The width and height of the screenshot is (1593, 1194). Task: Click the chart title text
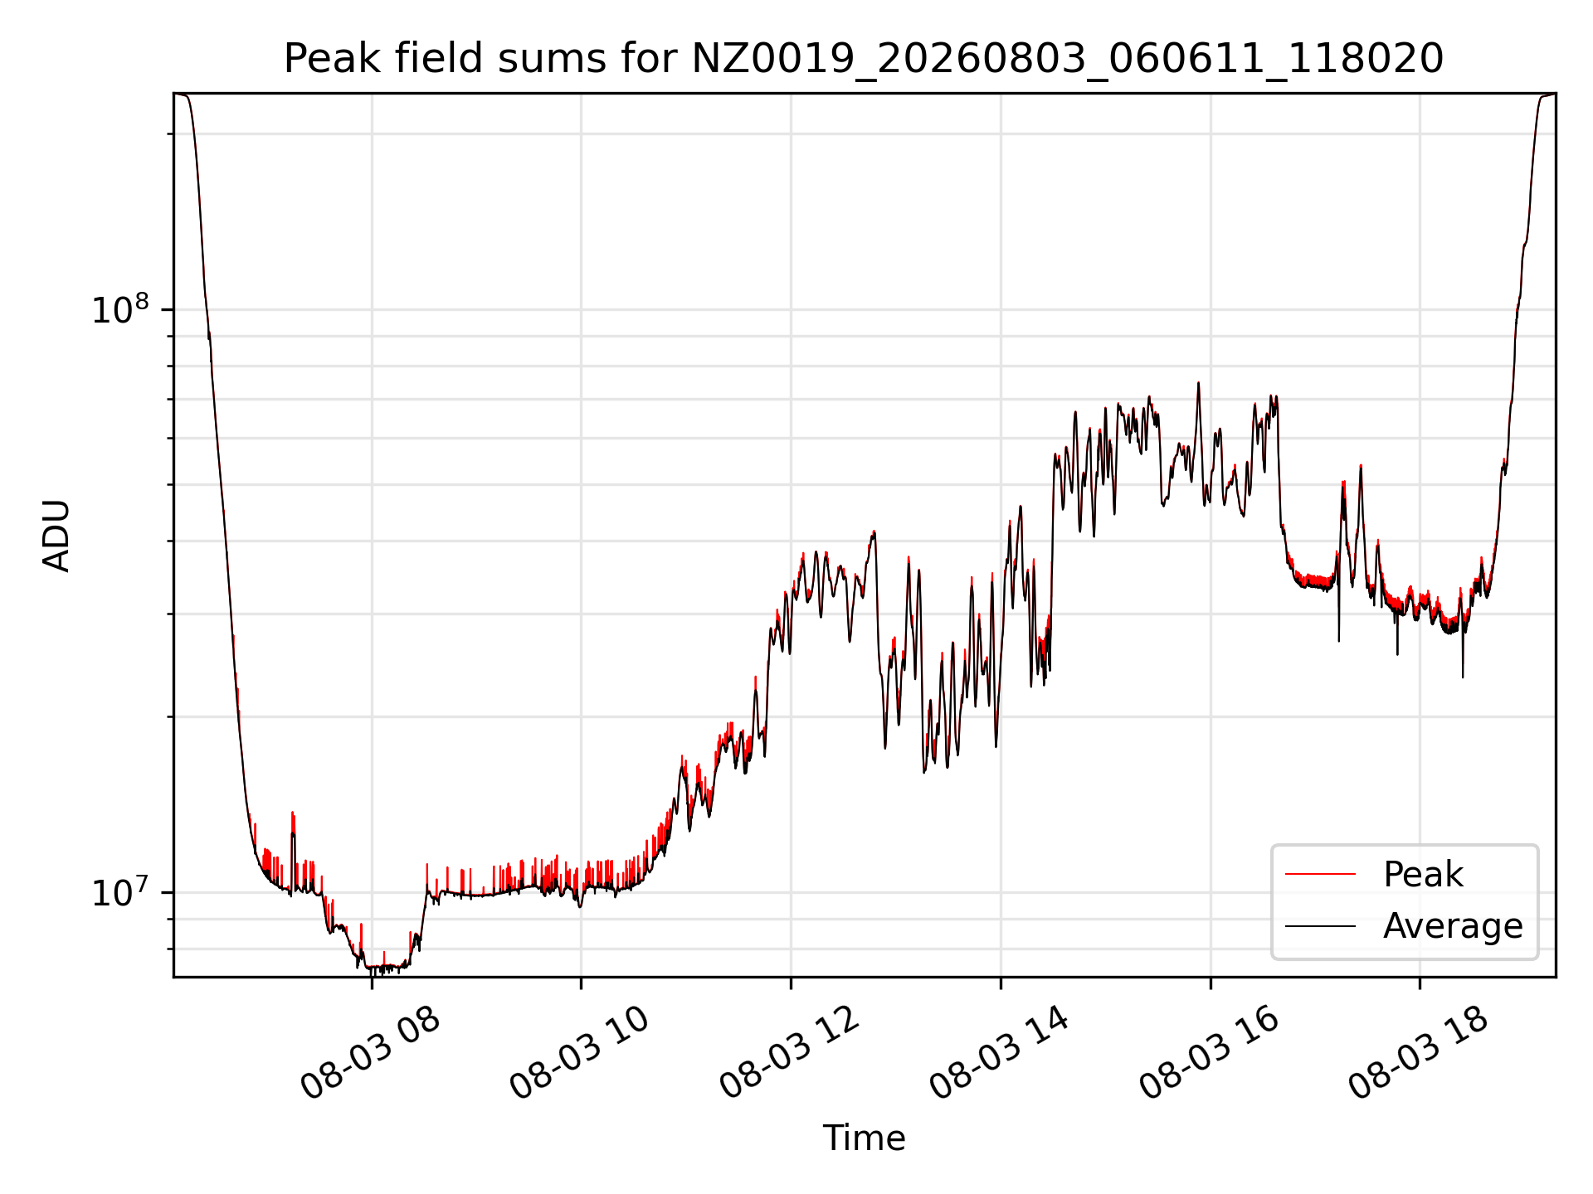(864, 59)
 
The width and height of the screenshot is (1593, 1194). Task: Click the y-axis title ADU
(56, 536)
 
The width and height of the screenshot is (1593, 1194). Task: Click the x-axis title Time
(864, 1138)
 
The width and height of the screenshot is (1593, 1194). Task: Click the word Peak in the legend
(1423, 875)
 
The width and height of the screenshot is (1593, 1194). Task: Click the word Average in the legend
(1453, 926)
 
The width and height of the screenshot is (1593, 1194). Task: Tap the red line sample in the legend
(1320, 874)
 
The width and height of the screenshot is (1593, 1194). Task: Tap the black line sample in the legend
(1320, 925)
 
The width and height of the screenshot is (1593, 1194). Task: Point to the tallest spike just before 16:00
(1198, 383)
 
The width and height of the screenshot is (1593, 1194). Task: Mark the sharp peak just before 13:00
(874, 532)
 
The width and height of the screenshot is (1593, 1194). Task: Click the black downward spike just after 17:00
(1338, 639)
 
